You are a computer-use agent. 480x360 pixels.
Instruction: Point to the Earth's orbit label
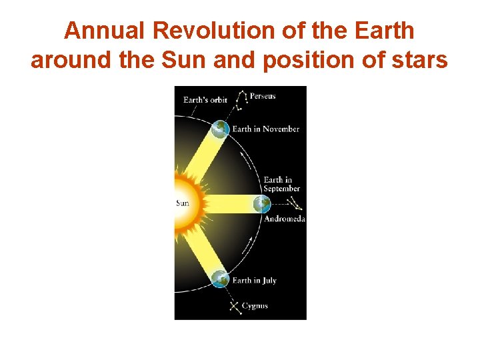(x=205, y=100)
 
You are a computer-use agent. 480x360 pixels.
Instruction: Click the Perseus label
(x=262, y=96)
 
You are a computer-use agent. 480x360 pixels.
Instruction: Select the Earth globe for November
(x=220, y=129)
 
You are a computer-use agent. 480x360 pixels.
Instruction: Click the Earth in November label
(x=265, y=129)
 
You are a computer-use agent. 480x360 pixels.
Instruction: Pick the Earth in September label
(x=281, y=184)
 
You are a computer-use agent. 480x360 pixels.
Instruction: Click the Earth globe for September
(x=262, y=204)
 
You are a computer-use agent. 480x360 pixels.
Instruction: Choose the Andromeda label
(x=285, y=219)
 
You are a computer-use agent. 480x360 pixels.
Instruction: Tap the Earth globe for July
(x=220, y=279)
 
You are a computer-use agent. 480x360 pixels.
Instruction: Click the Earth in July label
(x=254, y=281)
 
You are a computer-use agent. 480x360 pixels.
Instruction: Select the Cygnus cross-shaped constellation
(x=234, y=306)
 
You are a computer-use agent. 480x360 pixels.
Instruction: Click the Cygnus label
(x=255, y=306)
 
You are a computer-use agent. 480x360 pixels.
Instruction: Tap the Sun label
(x=183, y=203)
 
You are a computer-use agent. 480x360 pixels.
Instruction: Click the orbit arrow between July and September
(x=248, y=245)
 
